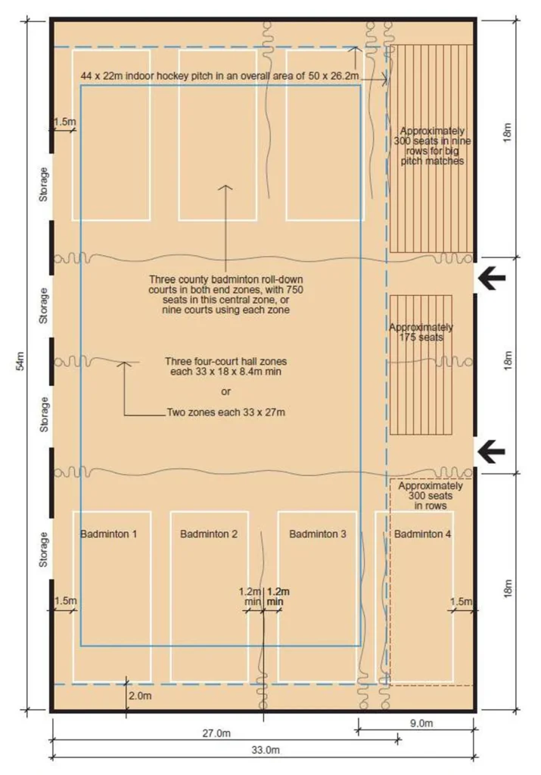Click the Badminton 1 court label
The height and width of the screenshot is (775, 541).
(108, 534)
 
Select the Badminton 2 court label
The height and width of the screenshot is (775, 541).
(209, 534)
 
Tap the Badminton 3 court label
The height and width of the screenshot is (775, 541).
(317, 534)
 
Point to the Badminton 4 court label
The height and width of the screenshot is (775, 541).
(422, 534)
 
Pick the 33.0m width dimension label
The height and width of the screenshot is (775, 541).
(266, 750)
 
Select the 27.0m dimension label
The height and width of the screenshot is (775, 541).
(216, 733)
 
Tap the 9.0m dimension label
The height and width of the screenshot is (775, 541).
(421, 723)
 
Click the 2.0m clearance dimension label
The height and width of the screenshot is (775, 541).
(140, 696)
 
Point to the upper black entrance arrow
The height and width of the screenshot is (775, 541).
(491, 277)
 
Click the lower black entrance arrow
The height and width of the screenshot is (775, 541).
(491, 451)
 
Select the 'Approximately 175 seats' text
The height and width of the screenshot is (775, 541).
(421, 332)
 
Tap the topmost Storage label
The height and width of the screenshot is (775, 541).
(44, 184)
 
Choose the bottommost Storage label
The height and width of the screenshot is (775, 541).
(44, 549)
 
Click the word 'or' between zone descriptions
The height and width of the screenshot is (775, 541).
(225, 392)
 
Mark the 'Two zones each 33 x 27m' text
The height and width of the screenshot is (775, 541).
(225, 412)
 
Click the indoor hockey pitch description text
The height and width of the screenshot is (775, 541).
(219, 76)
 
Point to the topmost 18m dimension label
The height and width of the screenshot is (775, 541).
(508, 132)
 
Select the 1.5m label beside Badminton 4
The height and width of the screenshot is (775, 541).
(461, 601)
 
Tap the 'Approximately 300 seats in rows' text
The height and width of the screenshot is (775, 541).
(431, 496)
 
